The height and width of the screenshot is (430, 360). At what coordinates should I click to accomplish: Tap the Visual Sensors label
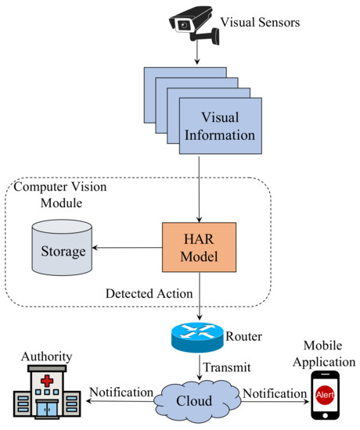click(260, 23)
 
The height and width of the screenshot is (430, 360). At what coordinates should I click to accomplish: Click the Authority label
click(46, 357)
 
